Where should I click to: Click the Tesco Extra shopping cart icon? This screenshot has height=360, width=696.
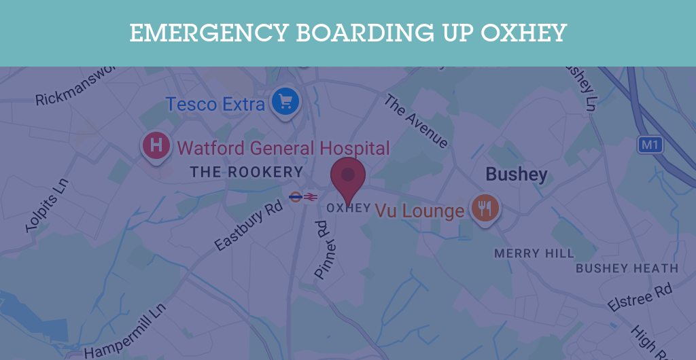tap(286, 103)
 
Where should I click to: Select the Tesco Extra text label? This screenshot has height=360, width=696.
tap(215, 104)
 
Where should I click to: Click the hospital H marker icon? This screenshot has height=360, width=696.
tap(156, 145)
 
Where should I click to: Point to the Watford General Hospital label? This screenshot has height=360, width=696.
tap(283, 148)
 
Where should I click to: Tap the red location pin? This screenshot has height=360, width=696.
tap(348, 177)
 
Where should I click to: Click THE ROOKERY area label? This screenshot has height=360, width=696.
tap(246, 172)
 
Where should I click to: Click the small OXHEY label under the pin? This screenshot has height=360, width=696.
tap(349, 208)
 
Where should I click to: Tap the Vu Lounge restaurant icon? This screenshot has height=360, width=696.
tap(485, 209)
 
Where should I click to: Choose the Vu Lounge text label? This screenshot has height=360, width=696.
tap(419, 211)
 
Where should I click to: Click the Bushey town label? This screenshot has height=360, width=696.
tap(516, 175)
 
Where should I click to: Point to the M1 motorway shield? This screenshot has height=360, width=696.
tap(650, 145)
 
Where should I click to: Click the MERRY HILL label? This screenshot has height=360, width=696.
tap(534, 253)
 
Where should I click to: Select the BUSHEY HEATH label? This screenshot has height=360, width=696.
tap(627, 268)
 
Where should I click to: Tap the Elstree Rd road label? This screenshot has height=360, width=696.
tap(640, 299)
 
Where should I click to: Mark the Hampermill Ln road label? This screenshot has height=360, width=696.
tap(126, 331)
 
